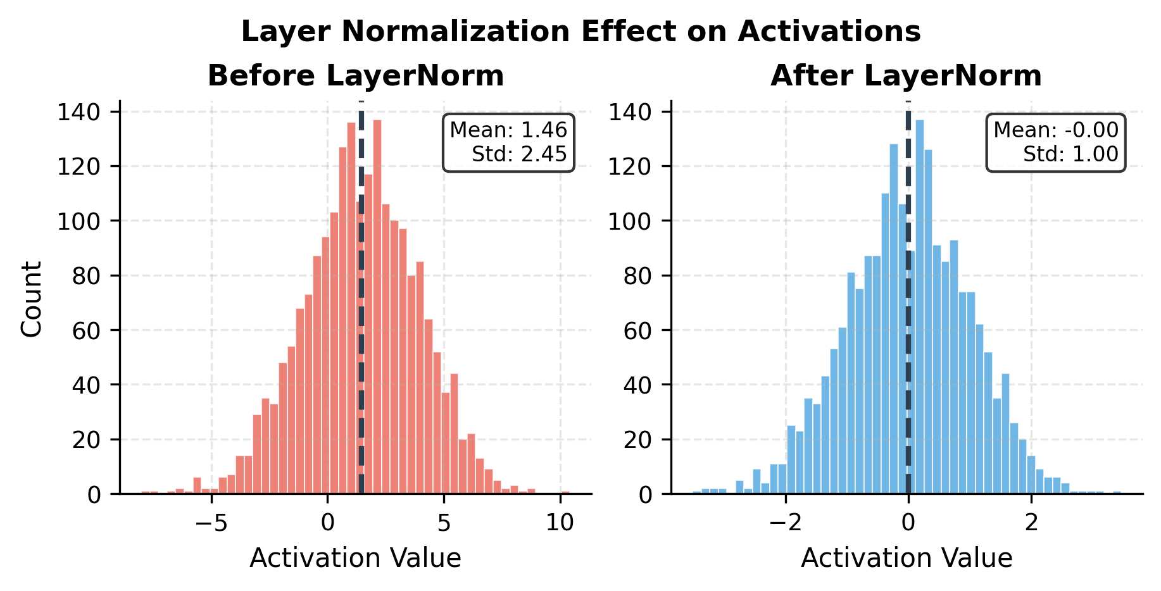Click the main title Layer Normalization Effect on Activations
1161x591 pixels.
pyautogui.click(x=580, y=32)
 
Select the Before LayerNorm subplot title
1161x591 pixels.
pyautogui.click(x=356, y=76)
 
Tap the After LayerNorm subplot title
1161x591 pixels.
pyautogui.click(x=906, y=76)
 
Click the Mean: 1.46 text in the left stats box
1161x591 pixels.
pyautogui.click(x=508, y=130)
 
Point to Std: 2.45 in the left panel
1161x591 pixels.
pyautogui.click(x=519, y=154)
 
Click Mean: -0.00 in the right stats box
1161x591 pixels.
pyautogui.click(x=1056, y=130)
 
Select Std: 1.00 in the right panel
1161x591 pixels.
pyautogui.click(x=1070, y=154)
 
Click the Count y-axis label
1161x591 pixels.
pyautogui.click(x=32, y=299)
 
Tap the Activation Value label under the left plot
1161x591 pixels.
pyautogui.click(x=355, y=558)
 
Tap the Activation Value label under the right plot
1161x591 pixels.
pyautogui.click(x=907, y=558)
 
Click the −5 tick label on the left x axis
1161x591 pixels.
pyautogui.click(x=211, y=523)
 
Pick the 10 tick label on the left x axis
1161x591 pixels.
pyautogui.click(x=560, y=523)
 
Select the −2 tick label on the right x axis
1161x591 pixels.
pyautogui.click(x=785, y=523)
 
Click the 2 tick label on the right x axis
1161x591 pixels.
pyautogui.click(x=1031, y=523)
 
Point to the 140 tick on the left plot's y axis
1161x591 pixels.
pyautogui.click(x=78, y=113)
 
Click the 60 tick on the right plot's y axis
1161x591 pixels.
pyautogui.click(x=638, y=330)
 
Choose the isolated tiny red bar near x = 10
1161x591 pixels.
pyautogui.click(x=565, y=492)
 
